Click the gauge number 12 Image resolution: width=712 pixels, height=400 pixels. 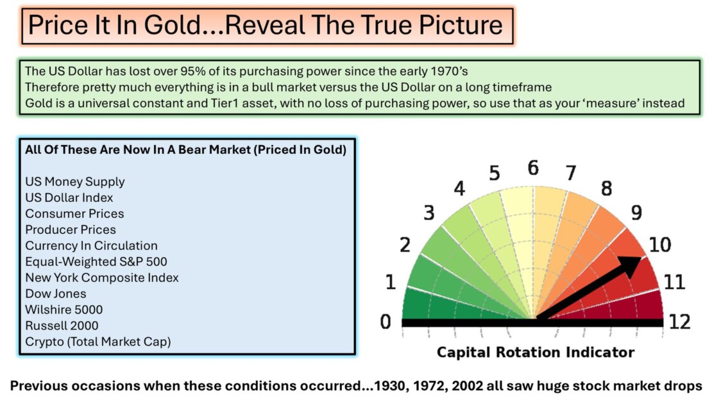click(679, 322)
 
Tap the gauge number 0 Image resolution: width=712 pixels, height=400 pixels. click(386, 322)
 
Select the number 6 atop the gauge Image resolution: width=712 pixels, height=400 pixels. click(533, 168)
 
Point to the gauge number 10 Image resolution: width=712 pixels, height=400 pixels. click(660, 245)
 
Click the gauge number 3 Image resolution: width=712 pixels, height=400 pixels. click(428, 212)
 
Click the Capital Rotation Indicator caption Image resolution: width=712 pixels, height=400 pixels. click(536, 353)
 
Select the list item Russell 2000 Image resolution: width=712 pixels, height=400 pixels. click(62, 326)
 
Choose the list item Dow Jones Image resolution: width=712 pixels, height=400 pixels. click(55, 294)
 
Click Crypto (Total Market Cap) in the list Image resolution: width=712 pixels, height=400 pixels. click(98, 342)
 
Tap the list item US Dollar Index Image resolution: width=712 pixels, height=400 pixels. click(69, 197)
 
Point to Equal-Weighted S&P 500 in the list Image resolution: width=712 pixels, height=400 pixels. click(96, 262)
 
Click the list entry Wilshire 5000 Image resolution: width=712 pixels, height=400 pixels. click(64, 310)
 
